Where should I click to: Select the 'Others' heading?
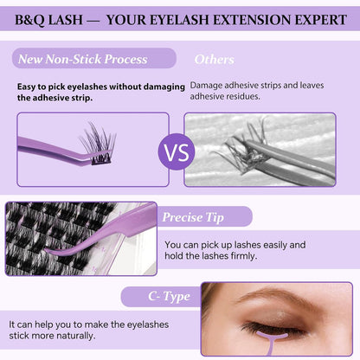(214, 60)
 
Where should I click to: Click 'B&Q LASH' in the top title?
(44, 15)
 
